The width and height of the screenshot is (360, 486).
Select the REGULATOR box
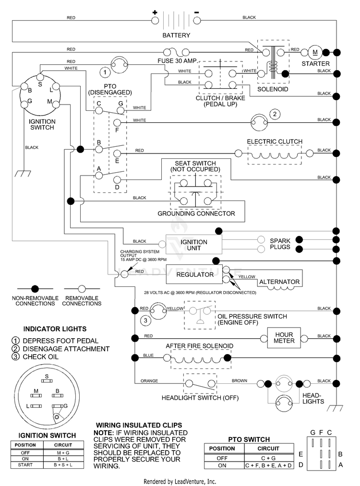click(194, 274)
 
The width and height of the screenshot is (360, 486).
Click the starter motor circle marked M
click(315, 52)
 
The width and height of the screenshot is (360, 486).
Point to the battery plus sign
click(155, 12)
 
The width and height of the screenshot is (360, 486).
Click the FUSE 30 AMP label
click(178, 61)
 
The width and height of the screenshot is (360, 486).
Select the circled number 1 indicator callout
click(105, 72)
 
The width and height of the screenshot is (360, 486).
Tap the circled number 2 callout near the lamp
click(275, 114)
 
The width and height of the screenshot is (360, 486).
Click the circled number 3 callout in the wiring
click(146, 320)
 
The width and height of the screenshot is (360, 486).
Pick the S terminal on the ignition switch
click(40, 77)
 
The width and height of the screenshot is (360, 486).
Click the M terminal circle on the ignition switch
click(56, 105)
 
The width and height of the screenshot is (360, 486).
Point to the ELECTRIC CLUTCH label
click(275, 142)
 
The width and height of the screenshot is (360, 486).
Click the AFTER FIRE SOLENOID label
click(199, 346)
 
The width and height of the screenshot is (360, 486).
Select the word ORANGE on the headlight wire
click(149, 380)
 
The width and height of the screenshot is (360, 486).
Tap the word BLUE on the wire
click(148, 355)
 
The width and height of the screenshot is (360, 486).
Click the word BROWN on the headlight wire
click(240, 380)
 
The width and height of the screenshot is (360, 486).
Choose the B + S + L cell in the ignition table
click(63, 464)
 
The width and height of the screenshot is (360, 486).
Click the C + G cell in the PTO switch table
click(268, 458)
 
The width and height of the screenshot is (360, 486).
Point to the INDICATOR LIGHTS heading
click(55, 329)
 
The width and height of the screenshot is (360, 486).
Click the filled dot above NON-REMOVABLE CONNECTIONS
click(35, 289)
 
